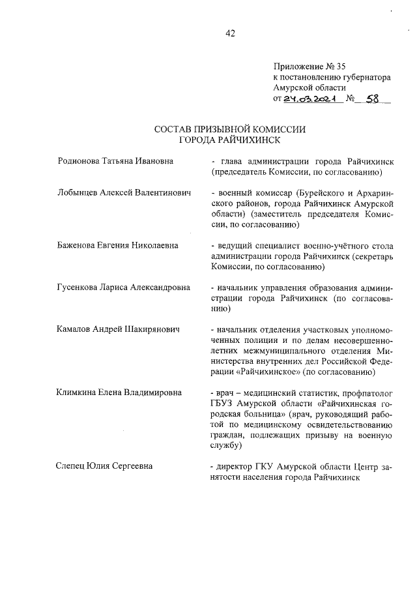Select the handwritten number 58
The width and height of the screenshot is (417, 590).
click(x=373, y=99)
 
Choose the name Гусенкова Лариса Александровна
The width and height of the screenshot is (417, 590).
click(x=124, y=287)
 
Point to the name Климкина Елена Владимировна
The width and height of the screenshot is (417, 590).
click(x=119, y=392)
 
